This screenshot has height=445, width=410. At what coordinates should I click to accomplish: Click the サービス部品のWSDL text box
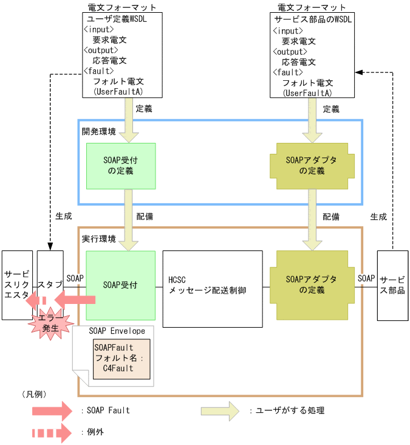pos(313,55)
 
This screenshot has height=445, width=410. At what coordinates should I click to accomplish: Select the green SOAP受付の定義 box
pos(121,166)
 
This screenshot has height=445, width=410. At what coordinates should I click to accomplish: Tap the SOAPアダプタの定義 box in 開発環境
pos(312,166)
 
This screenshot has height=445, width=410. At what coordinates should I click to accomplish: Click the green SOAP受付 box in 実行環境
pos(121,285)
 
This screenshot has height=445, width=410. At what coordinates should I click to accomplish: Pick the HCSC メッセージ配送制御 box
pos(207,285)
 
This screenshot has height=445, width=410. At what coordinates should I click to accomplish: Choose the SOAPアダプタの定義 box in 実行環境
pos(312,285)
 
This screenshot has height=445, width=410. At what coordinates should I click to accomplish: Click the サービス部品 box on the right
pos(392,285)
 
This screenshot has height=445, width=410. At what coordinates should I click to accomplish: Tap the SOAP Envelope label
pos(117,331)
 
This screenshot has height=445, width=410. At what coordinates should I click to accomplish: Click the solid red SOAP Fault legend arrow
pos(52,411)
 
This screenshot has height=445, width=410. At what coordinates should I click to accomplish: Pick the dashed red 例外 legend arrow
pos(52,433)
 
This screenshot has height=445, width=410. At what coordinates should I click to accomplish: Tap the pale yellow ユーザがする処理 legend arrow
pos(220,411)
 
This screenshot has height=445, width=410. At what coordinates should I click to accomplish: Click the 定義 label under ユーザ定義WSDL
pos(144,109)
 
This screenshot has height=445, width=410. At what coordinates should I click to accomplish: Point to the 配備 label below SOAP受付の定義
pos(144,216)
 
